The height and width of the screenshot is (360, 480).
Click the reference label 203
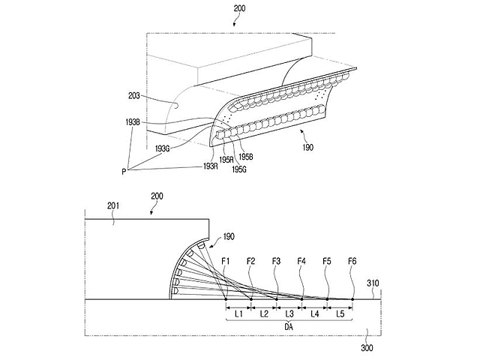133,96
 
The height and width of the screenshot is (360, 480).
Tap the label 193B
133,122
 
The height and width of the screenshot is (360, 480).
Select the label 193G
163,148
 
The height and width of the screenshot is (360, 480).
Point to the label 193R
211,166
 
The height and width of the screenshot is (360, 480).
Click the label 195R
226,160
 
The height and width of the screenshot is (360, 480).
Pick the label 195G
239,169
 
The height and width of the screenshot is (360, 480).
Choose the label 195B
246,157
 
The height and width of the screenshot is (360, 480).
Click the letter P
124,172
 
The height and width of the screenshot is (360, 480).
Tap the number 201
113,206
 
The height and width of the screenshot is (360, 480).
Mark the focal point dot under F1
226,299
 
